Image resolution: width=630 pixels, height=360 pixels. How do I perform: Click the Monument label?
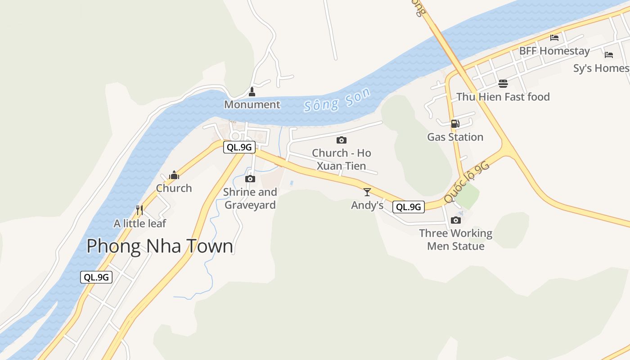[x=252, y=104]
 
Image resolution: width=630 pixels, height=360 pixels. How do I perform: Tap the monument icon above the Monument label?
[x=252, y=92]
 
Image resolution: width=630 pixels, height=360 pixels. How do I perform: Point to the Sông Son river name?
[x=337, y=99]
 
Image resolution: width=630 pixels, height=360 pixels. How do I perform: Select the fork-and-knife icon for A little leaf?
[x=139, y=210]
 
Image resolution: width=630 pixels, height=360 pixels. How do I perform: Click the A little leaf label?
[x=140, y=223]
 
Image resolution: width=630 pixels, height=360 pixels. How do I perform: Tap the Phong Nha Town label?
[x=160, y=246]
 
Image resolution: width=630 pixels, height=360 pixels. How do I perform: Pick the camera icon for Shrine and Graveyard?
[x=250, y=179]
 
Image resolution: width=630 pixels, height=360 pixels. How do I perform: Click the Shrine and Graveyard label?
[x=250, y=198]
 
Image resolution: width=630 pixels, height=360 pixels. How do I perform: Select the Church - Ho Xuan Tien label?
[x=342, y=159]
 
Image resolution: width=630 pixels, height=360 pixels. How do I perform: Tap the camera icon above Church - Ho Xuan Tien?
[x=342, y=140]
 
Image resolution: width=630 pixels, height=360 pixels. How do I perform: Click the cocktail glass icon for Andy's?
[x=367, y=192]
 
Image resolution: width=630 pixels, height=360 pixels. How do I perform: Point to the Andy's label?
[x=367, y=205]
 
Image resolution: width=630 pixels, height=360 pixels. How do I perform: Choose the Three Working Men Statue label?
[x=456, y=239]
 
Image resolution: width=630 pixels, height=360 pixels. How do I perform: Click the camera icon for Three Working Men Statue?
[x=456, y=220]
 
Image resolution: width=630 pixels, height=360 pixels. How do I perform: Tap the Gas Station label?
[x=455, y=137]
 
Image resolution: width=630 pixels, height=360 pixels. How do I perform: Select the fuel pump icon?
[x=455, y=124]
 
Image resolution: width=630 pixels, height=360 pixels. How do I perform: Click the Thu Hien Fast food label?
[x=503, y=97]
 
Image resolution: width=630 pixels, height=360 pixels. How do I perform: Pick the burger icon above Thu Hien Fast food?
[x=503, y=84]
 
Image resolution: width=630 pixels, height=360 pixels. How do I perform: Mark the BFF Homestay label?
[x=554, y=51]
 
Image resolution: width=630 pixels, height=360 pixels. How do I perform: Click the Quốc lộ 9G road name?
[x=467, y=182]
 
